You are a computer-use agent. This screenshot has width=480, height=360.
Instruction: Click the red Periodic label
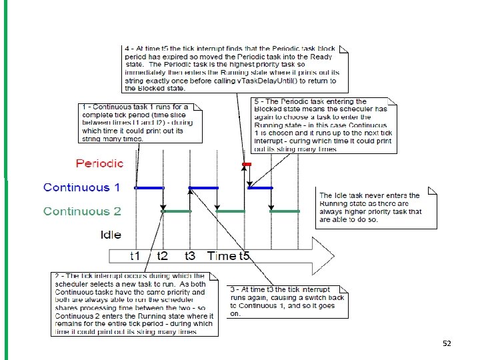[x=100, y=163]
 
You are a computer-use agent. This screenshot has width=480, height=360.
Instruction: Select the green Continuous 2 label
[x=82, y=211]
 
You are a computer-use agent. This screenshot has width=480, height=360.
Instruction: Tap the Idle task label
[x=111, y=235]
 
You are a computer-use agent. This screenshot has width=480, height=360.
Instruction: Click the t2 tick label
[x=163, y=256]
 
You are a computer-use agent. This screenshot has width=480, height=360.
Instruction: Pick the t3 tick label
[x=190, y=256]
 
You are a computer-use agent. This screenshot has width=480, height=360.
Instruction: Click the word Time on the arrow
[x=222, y=256]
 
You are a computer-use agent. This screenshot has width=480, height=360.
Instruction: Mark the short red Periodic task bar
[x=247, y=163]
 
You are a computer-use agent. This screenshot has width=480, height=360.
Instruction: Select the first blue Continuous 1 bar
[x=149, y=188]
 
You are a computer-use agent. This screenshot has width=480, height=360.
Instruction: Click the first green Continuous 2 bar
[x=177, y=211]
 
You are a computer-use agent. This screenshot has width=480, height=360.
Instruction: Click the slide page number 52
[x=447, y=343]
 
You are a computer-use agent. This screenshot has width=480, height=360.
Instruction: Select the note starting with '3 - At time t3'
[x=288, y=302]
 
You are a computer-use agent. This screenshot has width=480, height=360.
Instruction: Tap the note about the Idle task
[x=377, y=207]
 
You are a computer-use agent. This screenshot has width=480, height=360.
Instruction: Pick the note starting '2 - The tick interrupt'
[x=133, y=303]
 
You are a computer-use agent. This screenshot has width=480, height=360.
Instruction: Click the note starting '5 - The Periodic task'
[x=325, y=125]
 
